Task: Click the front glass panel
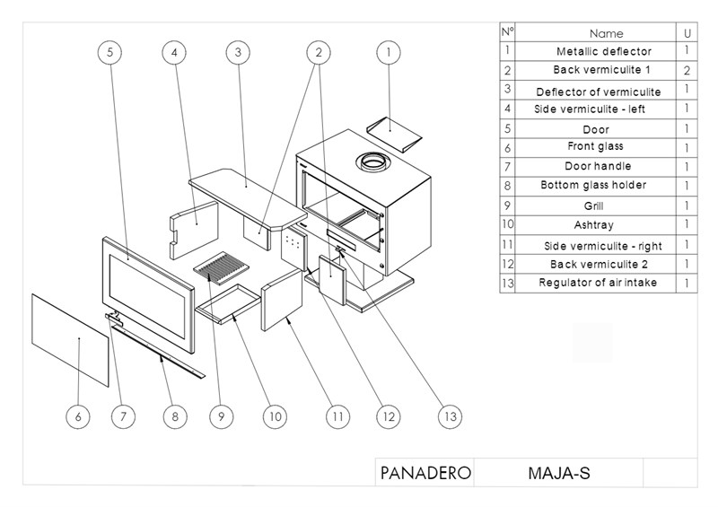(70, 340)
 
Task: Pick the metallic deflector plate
(394, 134)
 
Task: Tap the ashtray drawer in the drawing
(228, 303)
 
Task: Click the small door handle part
(115, 318)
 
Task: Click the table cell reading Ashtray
(594, 225)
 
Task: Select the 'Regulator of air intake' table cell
(598, 283)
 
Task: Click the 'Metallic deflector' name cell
(604, 51)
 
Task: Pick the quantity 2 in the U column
(687, 71)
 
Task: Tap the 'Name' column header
(607, 33)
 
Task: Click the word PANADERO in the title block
(425, 473)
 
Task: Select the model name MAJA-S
(559, 473)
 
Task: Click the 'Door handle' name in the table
(598, 166)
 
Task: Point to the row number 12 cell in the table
(507, 264)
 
